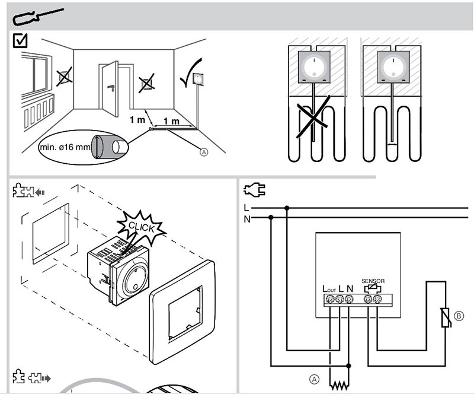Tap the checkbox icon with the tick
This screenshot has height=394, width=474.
(x=21, y=41)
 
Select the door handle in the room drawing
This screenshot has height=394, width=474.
(x=111, y=88)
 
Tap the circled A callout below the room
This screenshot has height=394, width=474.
(x=204, y=152)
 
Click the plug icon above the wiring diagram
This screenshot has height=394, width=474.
(x=255, y=190)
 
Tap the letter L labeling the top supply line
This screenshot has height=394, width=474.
(x=246, y=208)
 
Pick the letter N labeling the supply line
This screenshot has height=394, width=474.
(x=247, y=218)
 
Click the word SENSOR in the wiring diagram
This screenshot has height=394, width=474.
(x=373, y=281)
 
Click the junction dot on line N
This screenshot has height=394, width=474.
(x=271, y=218)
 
